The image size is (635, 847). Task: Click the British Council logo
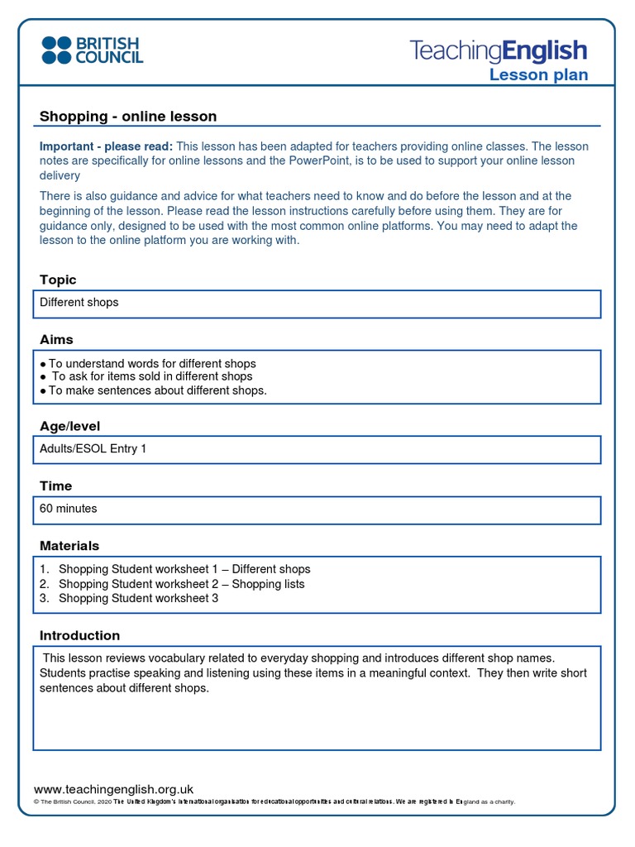[x=93, y=50]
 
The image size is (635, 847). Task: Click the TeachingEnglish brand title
[x=499, y=50]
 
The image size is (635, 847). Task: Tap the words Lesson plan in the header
[x=538, y=75]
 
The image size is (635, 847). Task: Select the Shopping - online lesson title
[x=128, y=117]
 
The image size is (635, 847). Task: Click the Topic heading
[x=58, y=280]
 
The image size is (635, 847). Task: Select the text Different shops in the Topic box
[x=79, y=303]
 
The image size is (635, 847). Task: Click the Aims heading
[x=56, y=339]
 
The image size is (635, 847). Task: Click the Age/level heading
[x=69, y=426]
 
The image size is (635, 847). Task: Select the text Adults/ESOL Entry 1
[x=93, y=449]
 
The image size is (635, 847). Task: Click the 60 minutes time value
[x=69, y=509]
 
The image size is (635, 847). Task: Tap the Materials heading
[x=69, y=546]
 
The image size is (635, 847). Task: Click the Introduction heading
[x=79, y=635]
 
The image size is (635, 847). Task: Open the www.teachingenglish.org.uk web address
[x=113, y=789]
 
